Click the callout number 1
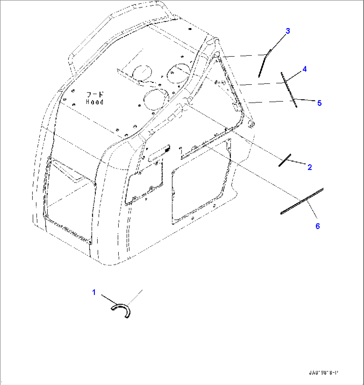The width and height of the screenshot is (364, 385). [94, 293]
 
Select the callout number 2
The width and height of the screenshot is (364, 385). [310, 167]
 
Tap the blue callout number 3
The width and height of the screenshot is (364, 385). [288, 31]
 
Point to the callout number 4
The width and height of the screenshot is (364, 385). [304, 69]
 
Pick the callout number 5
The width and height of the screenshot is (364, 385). [319, 103]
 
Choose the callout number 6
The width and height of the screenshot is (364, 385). [317, 226]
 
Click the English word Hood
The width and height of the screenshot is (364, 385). [95, 102]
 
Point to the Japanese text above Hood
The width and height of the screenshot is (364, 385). [95, 95]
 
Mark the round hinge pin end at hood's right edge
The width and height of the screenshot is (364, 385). [251, 124]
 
